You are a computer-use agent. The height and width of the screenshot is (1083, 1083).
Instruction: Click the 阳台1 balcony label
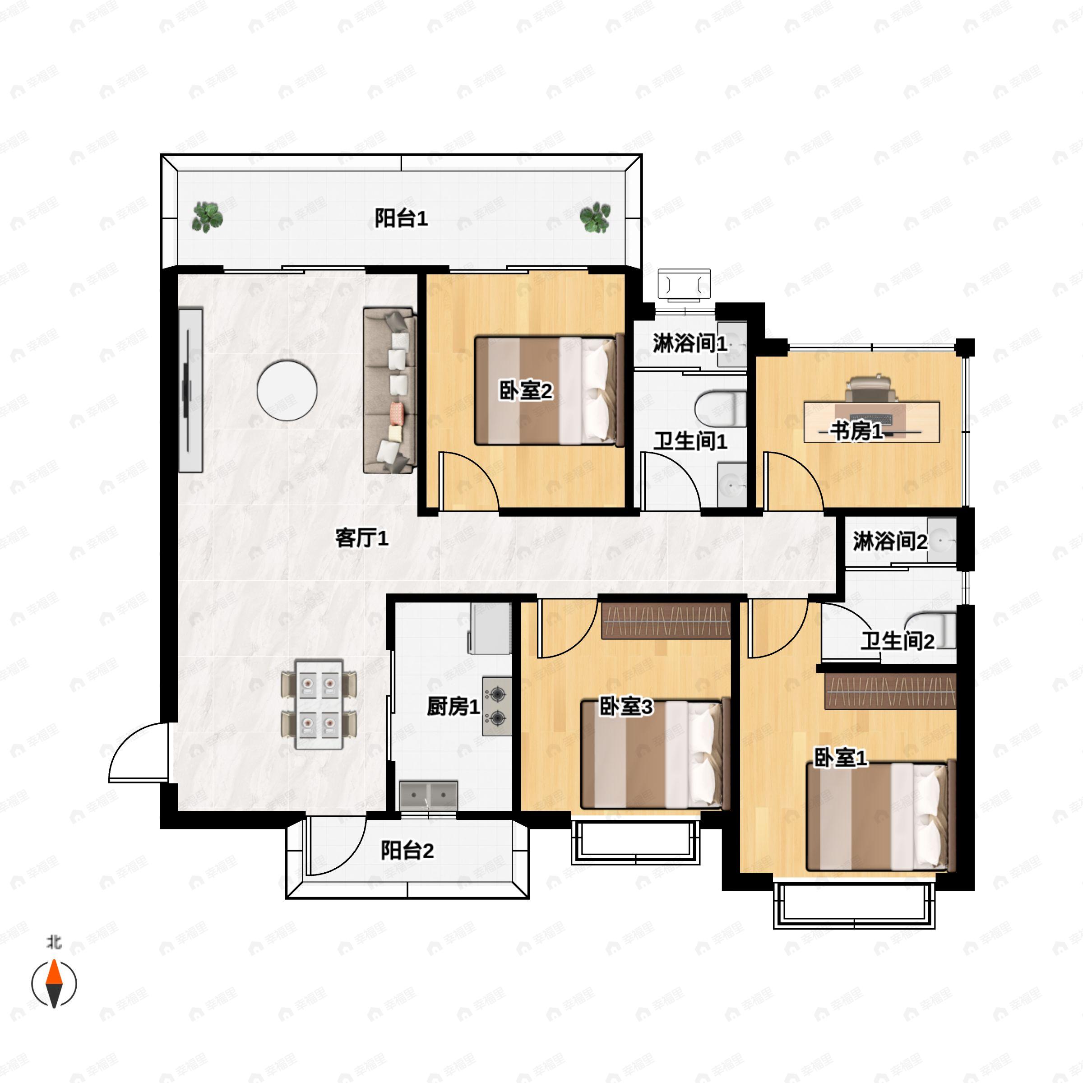click(401, 218)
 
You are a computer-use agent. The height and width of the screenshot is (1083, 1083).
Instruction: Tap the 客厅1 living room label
click(361, 538)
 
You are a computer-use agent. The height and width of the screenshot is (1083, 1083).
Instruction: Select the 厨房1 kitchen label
click(453, 706)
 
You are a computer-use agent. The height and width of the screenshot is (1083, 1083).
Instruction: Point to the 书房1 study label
click(856, 431)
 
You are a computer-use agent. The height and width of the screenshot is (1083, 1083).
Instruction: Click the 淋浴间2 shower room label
click(889, 541)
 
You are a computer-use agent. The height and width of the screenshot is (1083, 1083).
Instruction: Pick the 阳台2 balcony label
click(407, 851)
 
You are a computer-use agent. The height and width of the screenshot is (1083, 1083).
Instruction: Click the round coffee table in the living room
click(287, 390)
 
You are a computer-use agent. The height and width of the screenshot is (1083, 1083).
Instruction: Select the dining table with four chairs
click(319, 704)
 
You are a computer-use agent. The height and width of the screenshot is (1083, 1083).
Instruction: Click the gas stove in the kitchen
click(497, 706)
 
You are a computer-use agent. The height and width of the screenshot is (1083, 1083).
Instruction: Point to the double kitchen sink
click(429, 795)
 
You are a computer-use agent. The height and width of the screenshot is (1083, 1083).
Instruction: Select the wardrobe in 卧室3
click(666, 621)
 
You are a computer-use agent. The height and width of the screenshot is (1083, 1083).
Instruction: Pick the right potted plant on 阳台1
click(595, 218)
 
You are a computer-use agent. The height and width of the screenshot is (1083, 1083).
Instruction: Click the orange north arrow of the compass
click(54, 972)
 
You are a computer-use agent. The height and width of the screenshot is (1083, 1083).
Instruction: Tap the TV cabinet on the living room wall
click(190, 389)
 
